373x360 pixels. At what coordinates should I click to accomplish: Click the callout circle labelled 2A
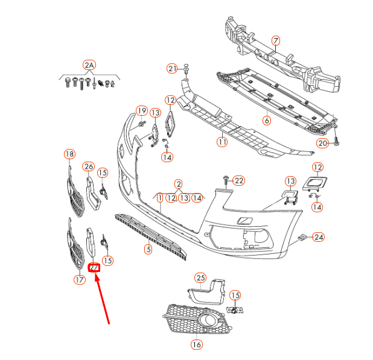tap(89, 65)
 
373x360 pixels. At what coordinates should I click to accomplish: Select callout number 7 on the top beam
tap(275, 41)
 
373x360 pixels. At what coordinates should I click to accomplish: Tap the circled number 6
tap(266, 120)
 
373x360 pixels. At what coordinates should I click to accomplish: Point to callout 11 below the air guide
tap(222, 142)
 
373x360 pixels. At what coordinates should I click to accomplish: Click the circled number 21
tap(173, 69)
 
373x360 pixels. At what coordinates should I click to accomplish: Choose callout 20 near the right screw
tap(322, 143)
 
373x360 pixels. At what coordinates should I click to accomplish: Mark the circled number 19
tap(141, 110)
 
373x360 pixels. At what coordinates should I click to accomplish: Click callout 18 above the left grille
tap(69, 154)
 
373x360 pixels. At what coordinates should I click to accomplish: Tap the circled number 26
tap(89, 166)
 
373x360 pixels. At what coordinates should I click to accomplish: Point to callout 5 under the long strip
tap(147, 248)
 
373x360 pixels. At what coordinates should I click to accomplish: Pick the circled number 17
tap(80, 279)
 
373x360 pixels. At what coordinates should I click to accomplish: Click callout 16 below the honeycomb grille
tap(196, 344)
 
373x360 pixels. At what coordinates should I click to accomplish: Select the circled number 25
tap(200, 277)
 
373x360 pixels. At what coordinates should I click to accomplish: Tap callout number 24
tap(318, 237)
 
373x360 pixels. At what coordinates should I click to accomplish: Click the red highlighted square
tap(94, 267)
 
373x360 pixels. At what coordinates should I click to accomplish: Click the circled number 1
tap(159, 197)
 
